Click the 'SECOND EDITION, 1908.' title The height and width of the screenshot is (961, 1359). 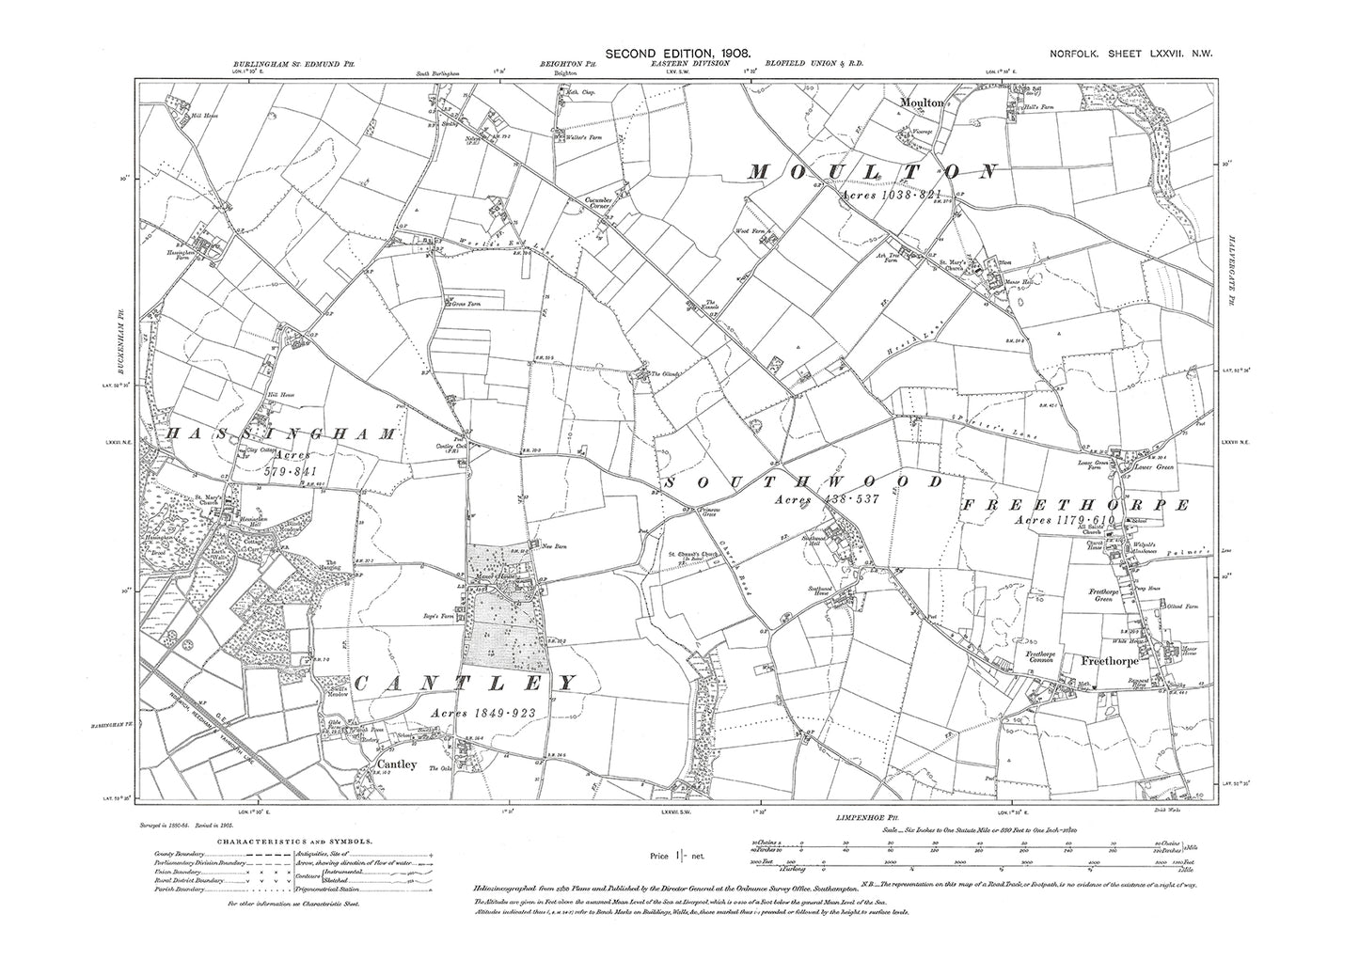[x=679, y=55]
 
